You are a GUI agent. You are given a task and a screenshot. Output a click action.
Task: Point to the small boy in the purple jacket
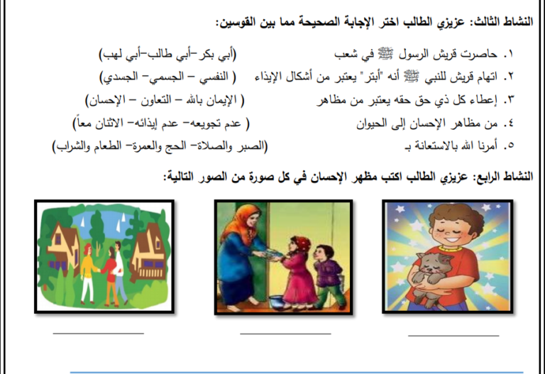click(x=329, y=276)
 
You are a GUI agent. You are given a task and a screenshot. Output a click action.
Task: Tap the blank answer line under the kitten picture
click(x=453, y=336)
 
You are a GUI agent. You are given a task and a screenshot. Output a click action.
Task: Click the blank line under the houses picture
click(x=99, y=334)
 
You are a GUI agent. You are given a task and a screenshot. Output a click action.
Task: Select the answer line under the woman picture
click(x=285, y=334)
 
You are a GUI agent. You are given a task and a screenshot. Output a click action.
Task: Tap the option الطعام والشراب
click(x=88, y=146)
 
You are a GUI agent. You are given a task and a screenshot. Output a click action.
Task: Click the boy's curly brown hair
click(x=456, y=215)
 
